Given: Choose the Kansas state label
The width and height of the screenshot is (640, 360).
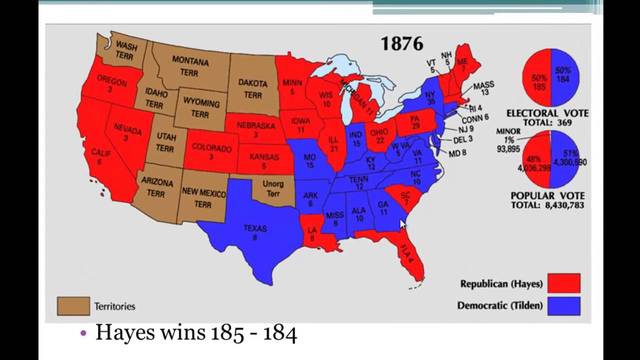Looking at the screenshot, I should pyautogui.click(x=261, y=163).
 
